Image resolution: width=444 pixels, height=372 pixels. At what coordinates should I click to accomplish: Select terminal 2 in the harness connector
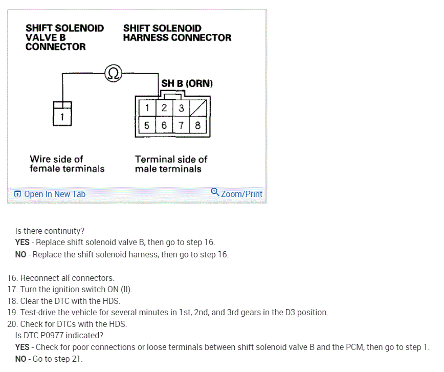(x=164, y=108)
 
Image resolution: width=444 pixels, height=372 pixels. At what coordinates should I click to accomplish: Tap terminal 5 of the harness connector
(x=147, y=125)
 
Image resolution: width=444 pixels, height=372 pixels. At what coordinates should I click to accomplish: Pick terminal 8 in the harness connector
(x=197, y=125)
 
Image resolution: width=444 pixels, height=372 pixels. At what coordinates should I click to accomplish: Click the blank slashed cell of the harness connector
(x=197, y=108)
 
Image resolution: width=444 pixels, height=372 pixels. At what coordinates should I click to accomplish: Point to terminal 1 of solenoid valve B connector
(x=62, y=117)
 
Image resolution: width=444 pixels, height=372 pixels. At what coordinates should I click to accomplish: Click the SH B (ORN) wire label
(x=187, y=83)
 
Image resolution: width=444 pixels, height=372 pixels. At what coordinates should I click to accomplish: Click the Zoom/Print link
(x=241, y=194)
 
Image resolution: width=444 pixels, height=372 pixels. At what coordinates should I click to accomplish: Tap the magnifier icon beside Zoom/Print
(x=215, y=192)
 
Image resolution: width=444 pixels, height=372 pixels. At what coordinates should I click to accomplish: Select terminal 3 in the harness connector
(x=181, y=108)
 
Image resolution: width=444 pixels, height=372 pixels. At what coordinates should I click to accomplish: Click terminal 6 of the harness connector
(x=164, y=125)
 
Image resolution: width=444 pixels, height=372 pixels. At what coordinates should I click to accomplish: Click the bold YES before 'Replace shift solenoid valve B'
(x=23, y=243)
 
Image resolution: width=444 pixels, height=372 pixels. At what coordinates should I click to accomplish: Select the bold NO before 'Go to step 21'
(x=21, y=359)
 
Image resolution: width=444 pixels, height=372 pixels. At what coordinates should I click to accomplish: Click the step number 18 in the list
(x=12, y=300)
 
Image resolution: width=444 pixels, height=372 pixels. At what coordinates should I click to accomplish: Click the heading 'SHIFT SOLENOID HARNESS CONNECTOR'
(x=177, y=33)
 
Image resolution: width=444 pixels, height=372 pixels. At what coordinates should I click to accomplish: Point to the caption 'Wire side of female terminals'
(x=66, y=164)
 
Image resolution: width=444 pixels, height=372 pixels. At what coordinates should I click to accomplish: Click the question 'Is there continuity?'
(x=50, y=231)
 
